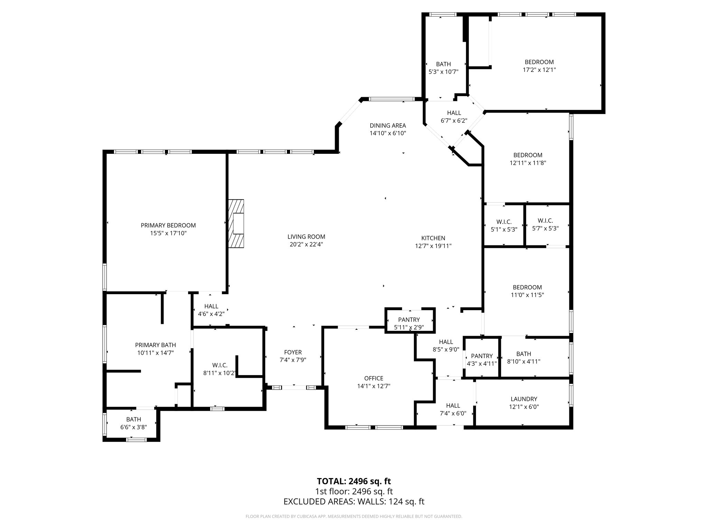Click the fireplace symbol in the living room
[236, 223]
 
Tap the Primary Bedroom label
[168, 225]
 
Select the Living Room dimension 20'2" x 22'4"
[306, 244]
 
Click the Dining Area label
[388, 125]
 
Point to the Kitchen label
[433, 238]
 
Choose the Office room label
[373, 378]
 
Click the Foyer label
[293, 352]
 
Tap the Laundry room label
[524, 399]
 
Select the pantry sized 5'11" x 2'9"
[409, 323]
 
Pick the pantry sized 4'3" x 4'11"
[482, 360]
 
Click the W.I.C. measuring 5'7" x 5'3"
[545, 224]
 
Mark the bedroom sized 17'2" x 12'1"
[539, 66]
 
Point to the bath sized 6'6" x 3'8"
[133, 423]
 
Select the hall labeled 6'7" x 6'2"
[454, 117]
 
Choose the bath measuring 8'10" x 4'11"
[523, 357]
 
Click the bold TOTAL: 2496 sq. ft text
[354, 481]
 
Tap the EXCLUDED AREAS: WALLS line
[354, 502]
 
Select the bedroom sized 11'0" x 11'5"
[527, 291]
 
